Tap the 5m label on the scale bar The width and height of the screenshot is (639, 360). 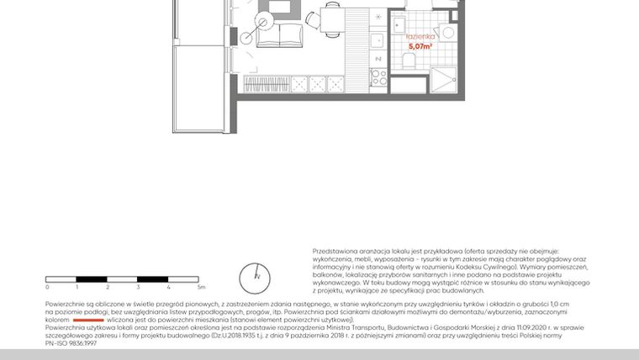[200, 288]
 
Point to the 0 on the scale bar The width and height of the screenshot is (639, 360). [47, 288]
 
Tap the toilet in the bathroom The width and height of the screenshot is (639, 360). [446, 33]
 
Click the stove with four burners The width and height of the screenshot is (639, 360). [378, 77]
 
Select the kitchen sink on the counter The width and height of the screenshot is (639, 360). [378, 40]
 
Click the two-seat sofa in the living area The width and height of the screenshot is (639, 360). [279, 35]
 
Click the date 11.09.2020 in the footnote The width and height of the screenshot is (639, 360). [512, 328]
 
